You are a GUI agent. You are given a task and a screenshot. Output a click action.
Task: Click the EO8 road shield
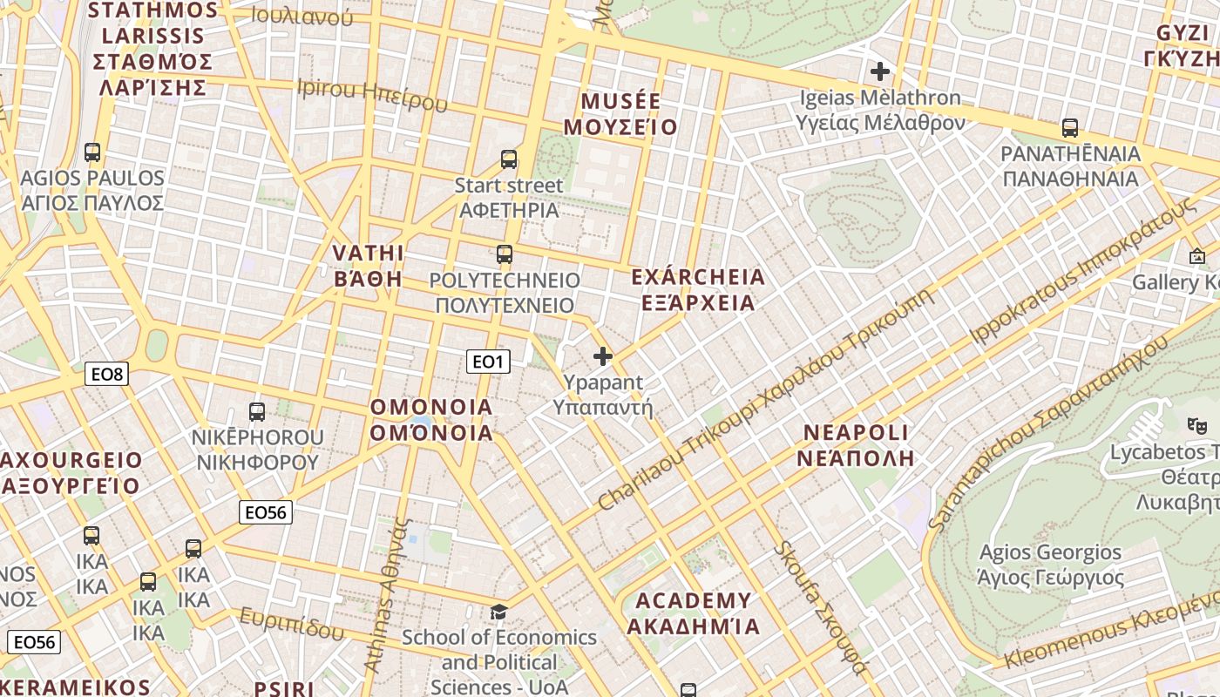pos(108,375)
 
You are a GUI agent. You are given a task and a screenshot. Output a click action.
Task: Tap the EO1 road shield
pos(488,362)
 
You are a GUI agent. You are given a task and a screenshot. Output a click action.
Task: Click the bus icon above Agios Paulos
pos(92,152)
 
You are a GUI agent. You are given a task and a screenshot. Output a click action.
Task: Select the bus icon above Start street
pos(509,159)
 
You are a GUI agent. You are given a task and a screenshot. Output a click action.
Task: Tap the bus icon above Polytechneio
pos(505,254)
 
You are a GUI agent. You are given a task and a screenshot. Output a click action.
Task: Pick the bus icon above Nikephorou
pos(257,411)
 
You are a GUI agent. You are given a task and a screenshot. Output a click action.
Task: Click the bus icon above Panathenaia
pos(1070,128)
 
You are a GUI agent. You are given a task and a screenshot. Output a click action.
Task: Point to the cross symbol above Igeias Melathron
pos(880,71)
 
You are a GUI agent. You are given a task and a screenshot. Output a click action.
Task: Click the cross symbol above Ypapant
pos(602,355)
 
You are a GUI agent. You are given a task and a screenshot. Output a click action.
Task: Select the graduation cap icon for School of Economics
pos(498,612)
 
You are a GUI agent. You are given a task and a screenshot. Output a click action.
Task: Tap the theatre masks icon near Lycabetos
pos(1196,425)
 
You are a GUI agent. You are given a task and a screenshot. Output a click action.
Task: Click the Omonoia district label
pos(431,420)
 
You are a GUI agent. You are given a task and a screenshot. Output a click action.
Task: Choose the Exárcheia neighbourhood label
pos(697,290)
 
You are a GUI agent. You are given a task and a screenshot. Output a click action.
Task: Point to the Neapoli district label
pos(856,445)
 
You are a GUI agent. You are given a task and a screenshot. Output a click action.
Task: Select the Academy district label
pos(693,613)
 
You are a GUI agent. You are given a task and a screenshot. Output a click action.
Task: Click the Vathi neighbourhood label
pos(369,266)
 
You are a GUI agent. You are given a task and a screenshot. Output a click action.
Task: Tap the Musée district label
pos(620,114)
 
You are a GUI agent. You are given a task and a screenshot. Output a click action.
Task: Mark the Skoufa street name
pos(820,607)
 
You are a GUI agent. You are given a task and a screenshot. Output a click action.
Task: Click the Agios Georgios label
pos(1050,565)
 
